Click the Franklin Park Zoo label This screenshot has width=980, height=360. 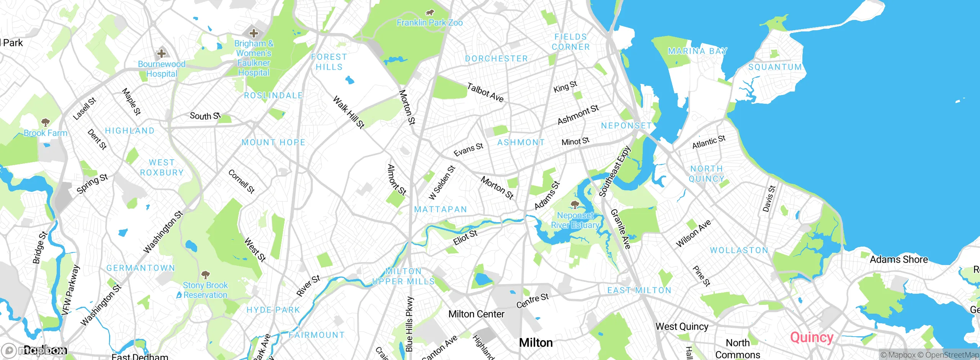430,23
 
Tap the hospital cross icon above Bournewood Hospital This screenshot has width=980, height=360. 162,53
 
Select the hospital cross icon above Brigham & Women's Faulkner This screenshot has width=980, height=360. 253,33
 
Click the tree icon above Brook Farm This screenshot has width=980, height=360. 45,123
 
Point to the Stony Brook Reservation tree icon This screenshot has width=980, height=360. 206,275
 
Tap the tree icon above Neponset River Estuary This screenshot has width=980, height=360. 575,204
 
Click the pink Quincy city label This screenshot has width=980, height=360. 812,337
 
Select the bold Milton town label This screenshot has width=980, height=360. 536,342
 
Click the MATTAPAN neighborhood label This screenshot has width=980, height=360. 441,209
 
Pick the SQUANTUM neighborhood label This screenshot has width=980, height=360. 775,67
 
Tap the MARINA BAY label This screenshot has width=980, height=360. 697,51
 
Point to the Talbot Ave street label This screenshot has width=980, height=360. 485,93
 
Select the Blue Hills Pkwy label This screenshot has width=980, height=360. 409,324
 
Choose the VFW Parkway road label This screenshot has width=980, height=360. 70,290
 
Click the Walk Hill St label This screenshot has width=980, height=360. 348,112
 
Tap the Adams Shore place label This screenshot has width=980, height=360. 898,259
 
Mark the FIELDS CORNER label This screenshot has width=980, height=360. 570,42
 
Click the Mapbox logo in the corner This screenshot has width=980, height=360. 34,350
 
